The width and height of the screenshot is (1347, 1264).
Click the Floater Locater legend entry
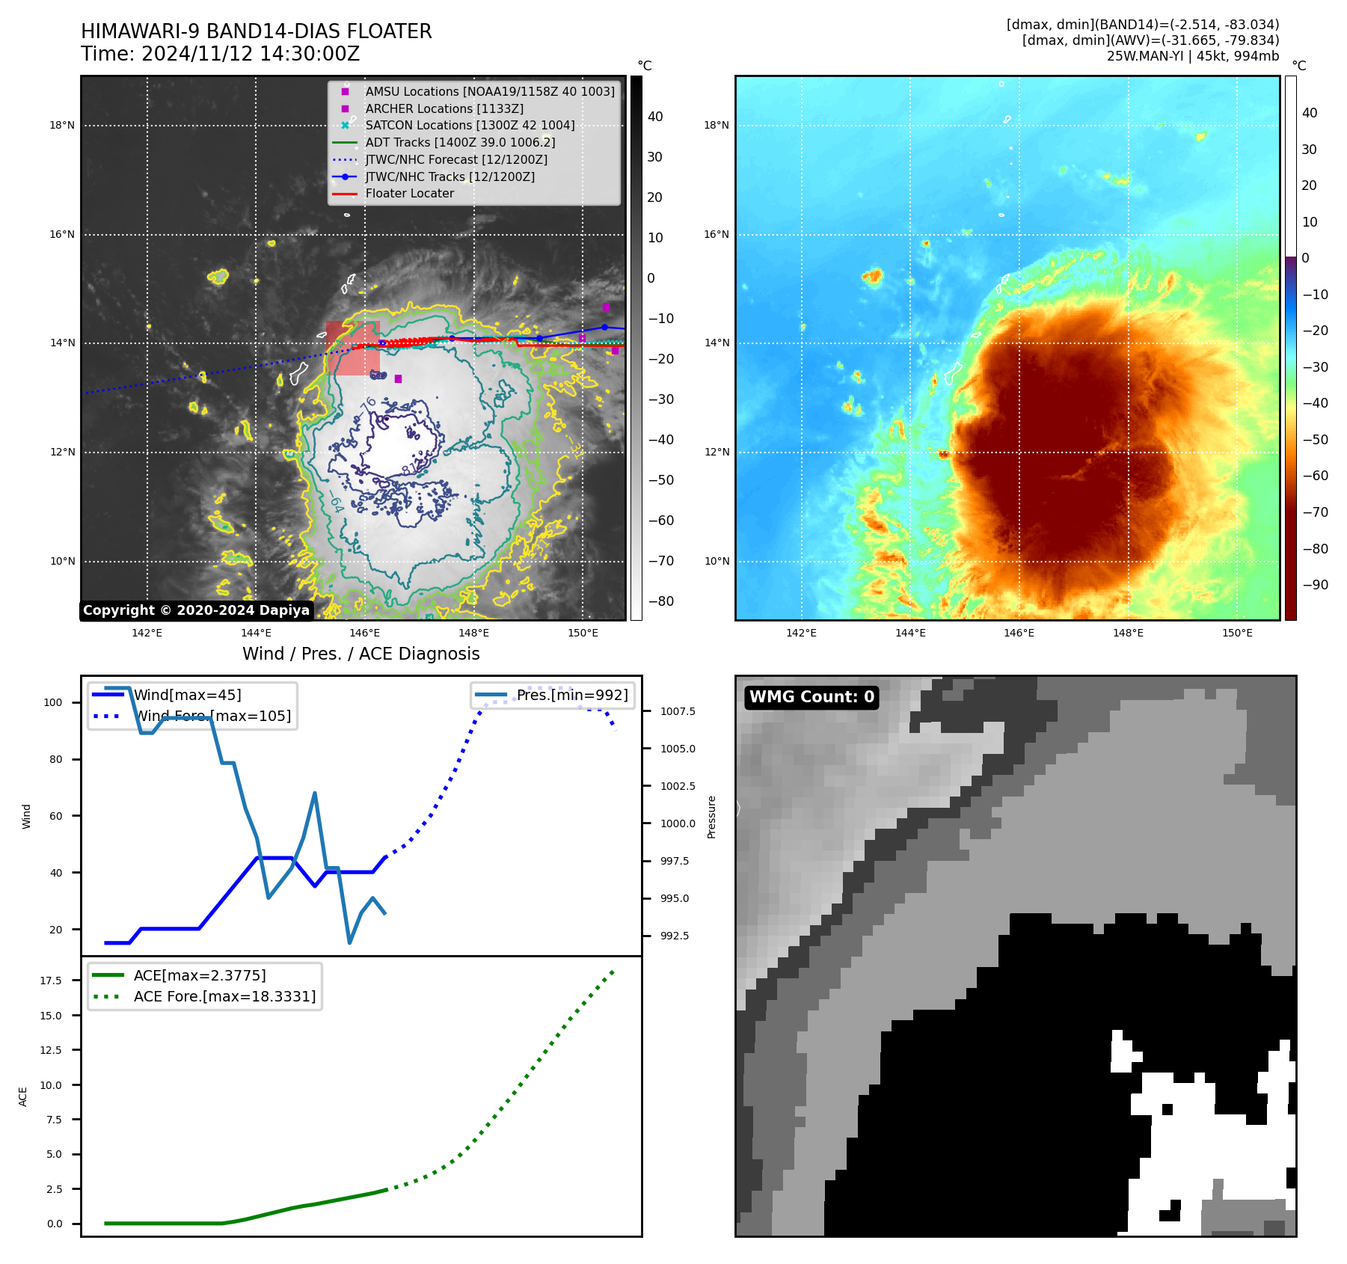coord(409,194)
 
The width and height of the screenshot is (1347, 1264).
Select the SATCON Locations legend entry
coord(470,126)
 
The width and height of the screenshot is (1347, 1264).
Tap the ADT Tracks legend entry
coord(460,143)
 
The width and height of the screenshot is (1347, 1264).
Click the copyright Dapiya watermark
coord(196,610)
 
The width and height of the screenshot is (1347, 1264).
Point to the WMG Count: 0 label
coord(811,697)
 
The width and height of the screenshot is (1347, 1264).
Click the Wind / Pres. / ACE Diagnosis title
coord(360,654)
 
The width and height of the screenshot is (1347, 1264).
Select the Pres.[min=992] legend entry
coord(572,696)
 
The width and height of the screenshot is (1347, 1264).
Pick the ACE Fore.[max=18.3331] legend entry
coord(224,997)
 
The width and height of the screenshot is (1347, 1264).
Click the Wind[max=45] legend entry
coord(187,696)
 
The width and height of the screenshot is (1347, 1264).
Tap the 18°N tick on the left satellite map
coord(62,126)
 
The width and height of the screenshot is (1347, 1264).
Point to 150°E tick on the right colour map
coord(1237,633)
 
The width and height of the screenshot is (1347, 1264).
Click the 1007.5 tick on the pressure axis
coord(678,711)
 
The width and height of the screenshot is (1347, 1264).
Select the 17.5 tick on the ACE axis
coord(51,981)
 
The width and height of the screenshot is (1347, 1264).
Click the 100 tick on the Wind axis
coord(53,703)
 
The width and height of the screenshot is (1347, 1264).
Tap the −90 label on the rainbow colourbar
coord(1315,585)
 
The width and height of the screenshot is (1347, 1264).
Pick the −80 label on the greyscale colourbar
coord(660,601)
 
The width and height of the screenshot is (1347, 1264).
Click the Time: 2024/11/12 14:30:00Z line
coord(221,55)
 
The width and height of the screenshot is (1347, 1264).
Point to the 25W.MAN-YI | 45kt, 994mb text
coord(1193,56)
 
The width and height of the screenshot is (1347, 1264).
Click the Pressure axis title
coord(712,817)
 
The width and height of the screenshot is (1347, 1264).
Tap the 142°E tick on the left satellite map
coord(147,633)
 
